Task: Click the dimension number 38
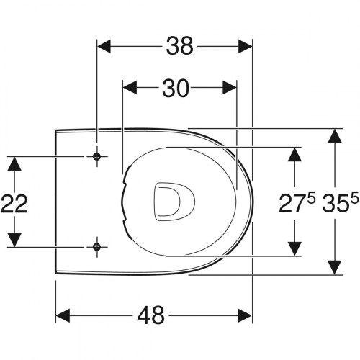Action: pos(180,46)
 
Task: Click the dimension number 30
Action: pos(176,88)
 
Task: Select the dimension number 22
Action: pos(14,204)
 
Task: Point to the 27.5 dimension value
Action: pos(297,203)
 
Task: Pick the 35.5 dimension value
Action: pos(341,203)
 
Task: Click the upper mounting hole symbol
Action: pos(96,156)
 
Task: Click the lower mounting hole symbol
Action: pos(96,246)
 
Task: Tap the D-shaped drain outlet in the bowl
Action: pos(174,202)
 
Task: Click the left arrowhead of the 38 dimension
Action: pos(104,46)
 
